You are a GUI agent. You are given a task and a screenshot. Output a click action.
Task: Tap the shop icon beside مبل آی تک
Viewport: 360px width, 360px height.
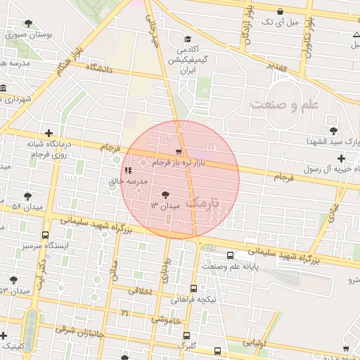click(x=281, y=11)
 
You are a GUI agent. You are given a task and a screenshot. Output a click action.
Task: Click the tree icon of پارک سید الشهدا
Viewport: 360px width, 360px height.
click(x=332, y=131)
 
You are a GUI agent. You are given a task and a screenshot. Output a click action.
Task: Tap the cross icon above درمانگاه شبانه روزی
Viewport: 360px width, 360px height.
click(x=49, y=133)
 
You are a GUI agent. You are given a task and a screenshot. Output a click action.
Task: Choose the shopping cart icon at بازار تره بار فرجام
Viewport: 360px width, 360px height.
click(x=179, y=151)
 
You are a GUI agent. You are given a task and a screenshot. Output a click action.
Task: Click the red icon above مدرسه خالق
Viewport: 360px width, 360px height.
click(x=127, y=170)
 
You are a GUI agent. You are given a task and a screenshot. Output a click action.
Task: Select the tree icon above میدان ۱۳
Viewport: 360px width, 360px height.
click(x=165, y=194)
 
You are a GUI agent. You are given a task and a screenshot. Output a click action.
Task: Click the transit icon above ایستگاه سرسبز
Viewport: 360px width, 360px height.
click(x=45, y=236)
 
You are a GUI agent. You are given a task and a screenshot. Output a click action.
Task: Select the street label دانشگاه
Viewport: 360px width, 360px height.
click(x=100, y=69)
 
